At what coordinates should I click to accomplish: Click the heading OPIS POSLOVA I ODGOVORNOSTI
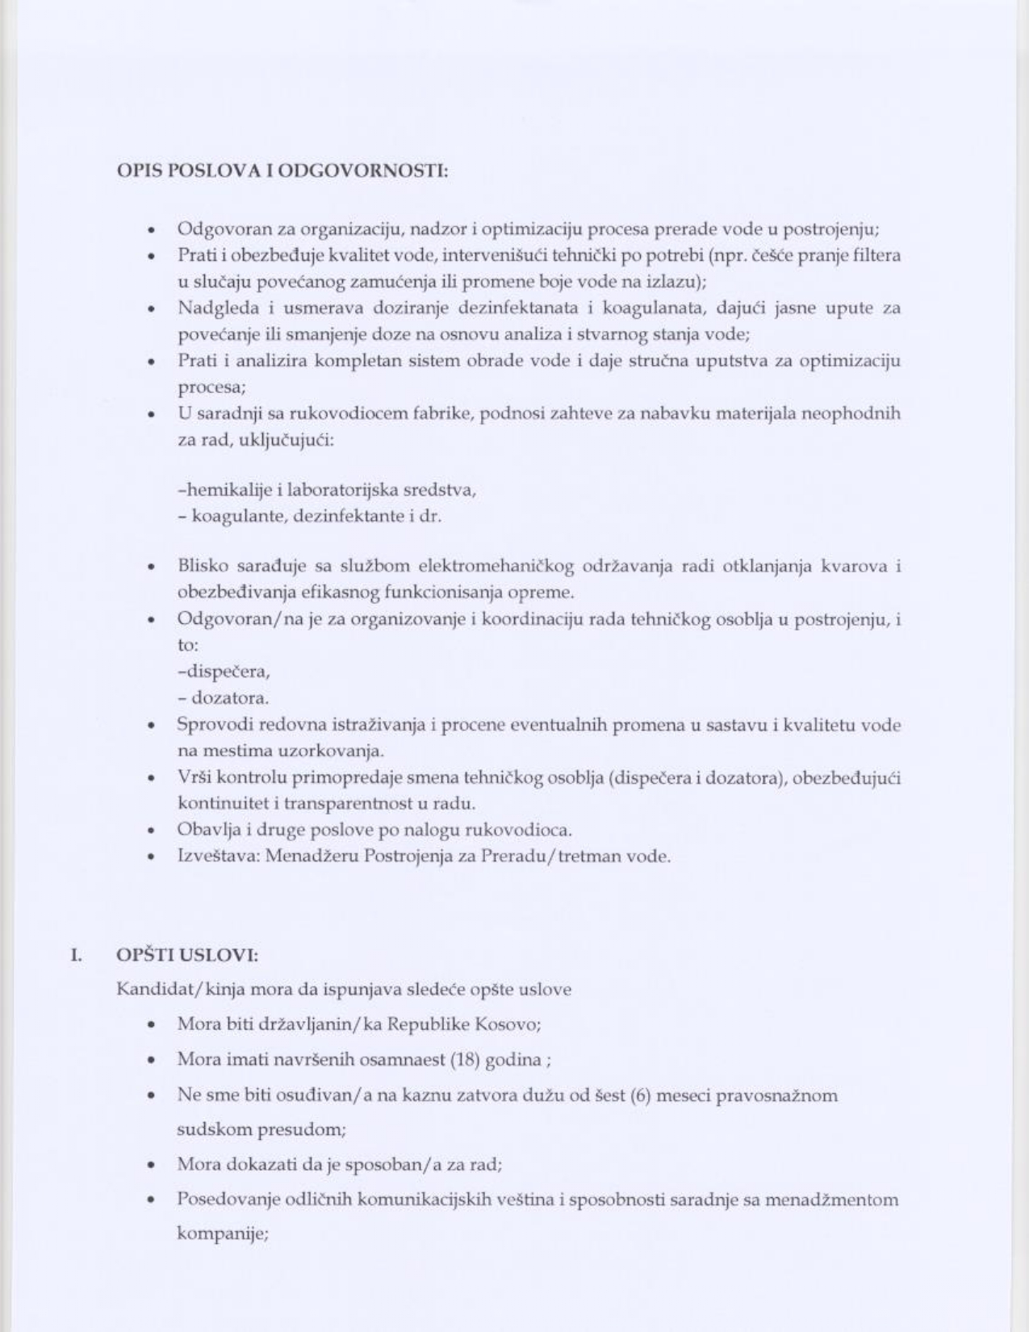pyautogui.click(x=282, y=170)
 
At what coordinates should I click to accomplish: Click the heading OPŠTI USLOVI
pyautogui.click(x=187, y=955)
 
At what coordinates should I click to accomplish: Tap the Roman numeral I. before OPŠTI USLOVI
pyautogui.click(x=76, y=955)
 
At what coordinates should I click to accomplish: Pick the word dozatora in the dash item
pyautogui.click(x=230, y=697)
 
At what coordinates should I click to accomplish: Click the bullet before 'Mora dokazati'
pyautogui.click(x=151, y=1166)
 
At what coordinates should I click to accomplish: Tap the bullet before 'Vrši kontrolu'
pyautogui.click(x=151, y=779)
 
